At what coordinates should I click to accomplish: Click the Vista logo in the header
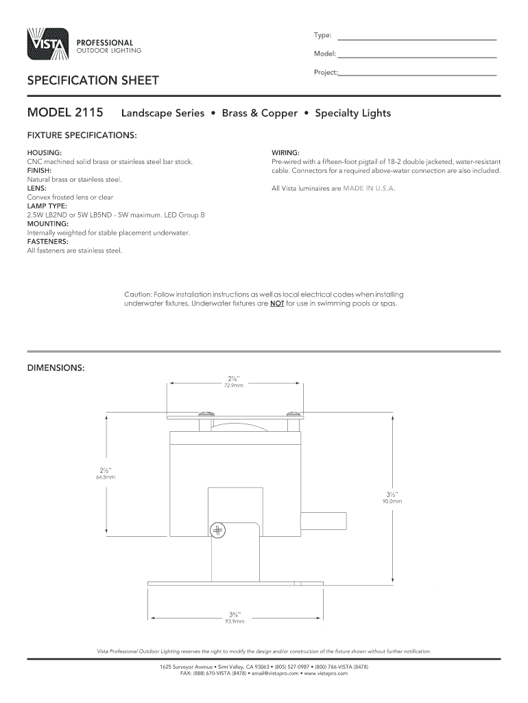click(47, 45)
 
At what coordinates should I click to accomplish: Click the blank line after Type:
click(417, 38)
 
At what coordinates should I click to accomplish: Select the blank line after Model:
click(417, 56)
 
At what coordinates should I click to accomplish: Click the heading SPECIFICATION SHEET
click(93, 81)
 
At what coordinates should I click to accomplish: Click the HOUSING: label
click(45, 152)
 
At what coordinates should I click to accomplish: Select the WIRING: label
click(285, 152)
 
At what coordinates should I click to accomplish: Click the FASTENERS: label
click(47, 242)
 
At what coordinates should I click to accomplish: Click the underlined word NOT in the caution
click(276, 303)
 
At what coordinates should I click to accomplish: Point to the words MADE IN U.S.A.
click(370, 188)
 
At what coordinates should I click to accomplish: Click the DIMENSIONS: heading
click(56, 368)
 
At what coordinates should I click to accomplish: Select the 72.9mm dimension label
click(234, 386)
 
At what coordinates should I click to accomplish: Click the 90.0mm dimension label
click(392, 501)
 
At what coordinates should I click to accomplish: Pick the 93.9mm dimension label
click(235, 622)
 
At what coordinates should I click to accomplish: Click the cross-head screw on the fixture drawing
click(218, 529)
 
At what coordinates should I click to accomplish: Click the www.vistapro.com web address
click(325, 673)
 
